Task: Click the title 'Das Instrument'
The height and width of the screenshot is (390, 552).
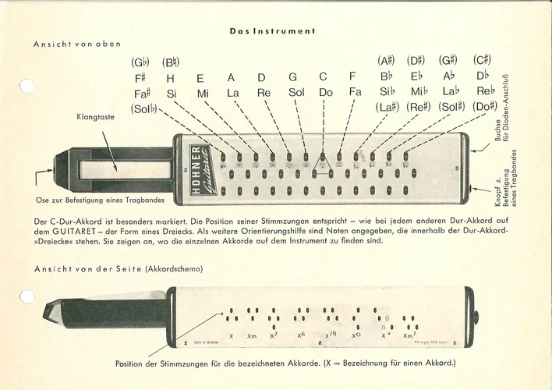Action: click(x=272, y=31)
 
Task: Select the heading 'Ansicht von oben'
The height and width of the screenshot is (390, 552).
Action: click(x=77, y=44)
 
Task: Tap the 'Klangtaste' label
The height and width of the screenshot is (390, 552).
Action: click(x=96, y=117)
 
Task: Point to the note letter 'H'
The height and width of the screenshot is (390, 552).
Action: click(x=170, y=77)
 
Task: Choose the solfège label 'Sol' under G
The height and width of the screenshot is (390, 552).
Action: click(x=295, y=92)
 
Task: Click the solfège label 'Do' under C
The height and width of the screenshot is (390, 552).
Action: click(x=326, y=92)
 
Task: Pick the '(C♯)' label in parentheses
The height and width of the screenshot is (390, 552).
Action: click(x=481, y=60)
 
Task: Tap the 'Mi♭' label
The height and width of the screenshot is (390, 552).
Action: click(x=419, y=92)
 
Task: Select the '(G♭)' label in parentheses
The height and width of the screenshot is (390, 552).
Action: click(x=141, y=62)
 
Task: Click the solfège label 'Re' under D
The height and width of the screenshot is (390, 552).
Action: click(x=264, y=92)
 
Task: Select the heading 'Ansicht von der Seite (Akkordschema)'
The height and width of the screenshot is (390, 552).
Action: click(x=118, y=268)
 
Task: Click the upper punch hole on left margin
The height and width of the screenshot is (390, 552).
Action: click(x=27, y=86)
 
